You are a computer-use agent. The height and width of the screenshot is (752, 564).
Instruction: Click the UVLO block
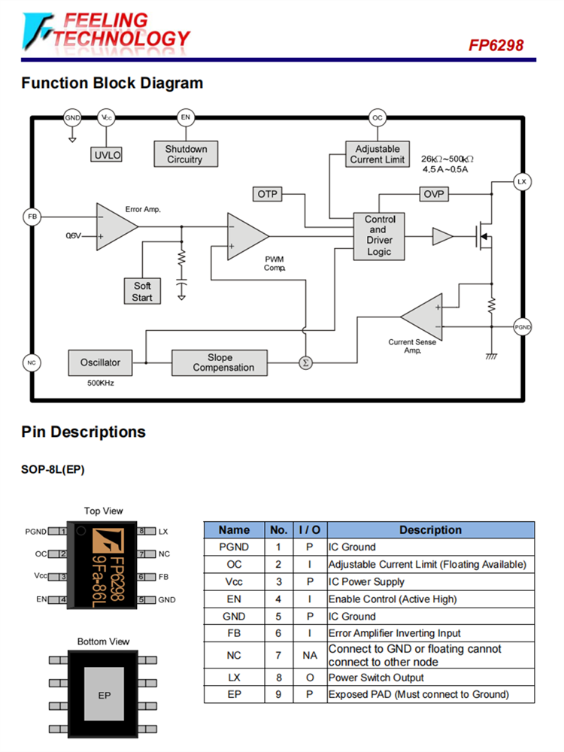click(107, 155)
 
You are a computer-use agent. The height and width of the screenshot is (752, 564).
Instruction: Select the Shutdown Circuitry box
click(185, 154)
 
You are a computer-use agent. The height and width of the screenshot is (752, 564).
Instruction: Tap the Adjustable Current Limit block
click(378, 154)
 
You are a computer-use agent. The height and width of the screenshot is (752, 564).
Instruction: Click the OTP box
click(268, 195)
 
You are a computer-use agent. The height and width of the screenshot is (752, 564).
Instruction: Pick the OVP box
click(434, 195)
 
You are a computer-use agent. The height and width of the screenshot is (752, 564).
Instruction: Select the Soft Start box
click(142, 291)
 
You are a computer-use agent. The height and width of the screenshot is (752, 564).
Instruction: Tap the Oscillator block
click(100, 362)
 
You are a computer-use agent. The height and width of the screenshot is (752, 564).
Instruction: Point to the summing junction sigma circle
click(305, 362)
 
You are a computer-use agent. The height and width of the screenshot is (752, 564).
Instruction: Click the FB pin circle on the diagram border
click(32, 217)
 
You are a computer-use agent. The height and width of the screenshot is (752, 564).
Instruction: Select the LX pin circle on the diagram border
click(521, 182)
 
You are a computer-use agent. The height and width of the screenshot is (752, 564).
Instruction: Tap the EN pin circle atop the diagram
click(185, 118)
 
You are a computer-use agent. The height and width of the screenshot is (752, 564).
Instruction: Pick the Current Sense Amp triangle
click(423, 317)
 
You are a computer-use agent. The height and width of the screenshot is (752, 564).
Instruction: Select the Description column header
click(430, 530)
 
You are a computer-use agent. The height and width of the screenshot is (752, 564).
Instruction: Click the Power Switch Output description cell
click(430, 677)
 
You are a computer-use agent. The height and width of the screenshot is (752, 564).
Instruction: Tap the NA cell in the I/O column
click(309, 655)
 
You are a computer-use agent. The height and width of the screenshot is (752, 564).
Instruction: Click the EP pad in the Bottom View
click(105, 696)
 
